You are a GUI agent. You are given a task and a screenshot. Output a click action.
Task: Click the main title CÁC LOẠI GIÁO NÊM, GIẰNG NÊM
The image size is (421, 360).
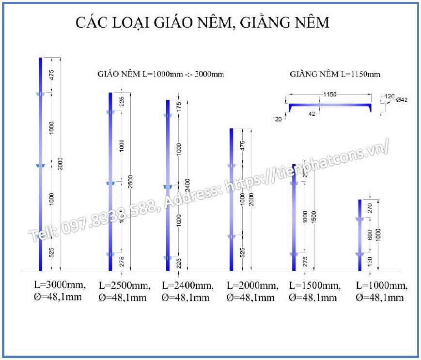pos(203,23)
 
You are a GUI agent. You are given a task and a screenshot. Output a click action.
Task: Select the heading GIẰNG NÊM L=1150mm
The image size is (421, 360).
pos(335,74)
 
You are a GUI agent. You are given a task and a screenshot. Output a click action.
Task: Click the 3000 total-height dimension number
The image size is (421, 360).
pos(61,164)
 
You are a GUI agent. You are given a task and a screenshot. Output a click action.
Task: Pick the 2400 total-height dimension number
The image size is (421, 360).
pos(187,186)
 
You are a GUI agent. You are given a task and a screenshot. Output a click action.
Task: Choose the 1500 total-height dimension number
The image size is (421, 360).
pos(314,217)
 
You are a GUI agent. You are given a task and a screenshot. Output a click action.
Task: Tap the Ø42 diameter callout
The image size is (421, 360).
pos(402,100)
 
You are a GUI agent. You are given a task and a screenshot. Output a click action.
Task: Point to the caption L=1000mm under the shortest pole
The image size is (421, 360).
pos(381,285)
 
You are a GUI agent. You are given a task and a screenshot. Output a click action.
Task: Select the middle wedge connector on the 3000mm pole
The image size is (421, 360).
pos(40,166)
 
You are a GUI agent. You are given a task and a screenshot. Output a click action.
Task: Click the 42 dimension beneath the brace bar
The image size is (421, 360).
pos(312,114)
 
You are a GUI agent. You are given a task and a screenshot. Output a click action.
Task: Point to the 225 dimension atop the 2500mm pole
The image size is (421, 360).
pos(122,102)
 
